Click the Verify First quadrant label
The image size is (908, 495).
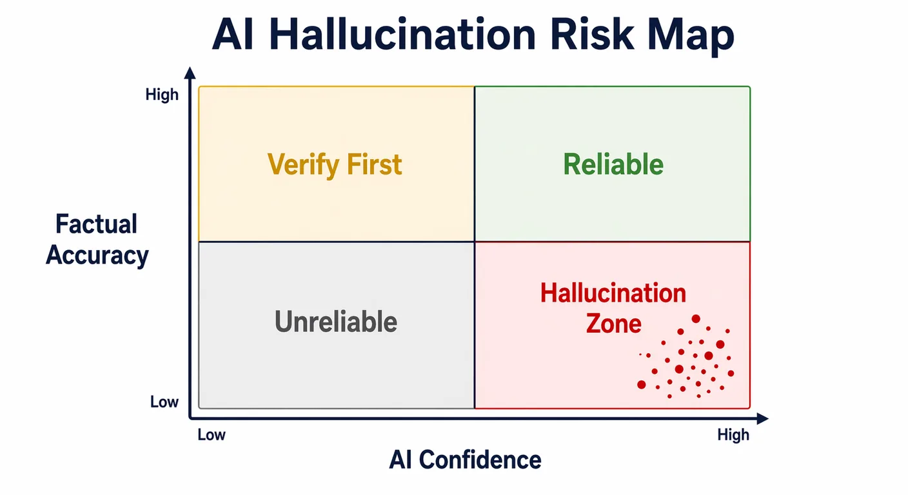tap(335, 164)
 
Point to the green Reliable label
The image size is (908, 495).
tap(613, 164)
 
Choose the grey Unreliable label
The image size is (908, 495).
tap(336, 321)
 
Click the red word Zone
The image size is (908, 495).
tap(614, 323)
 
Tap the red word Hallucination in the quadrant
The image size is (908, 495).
tap(613, 293)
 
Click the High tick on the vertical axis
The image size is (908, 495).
tap(162, 95)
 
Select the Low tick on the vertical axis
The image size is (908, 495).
tap(164, 402)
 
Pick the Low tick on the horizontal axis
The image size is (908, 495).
tap(212, 434)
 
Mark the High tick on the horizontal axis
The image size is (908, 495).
tap(733, 434)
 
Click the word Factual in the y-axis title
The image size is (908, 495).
tap(97, 224)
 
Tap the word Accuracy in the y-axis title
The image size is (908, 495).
tap(97, 255)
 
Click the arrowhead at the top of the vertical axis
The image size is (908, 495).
tap(190, 72)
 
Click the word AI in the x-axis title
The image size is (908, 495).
tap(400, 460)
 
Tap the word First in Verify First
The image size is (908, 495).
tap(375, 164)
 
